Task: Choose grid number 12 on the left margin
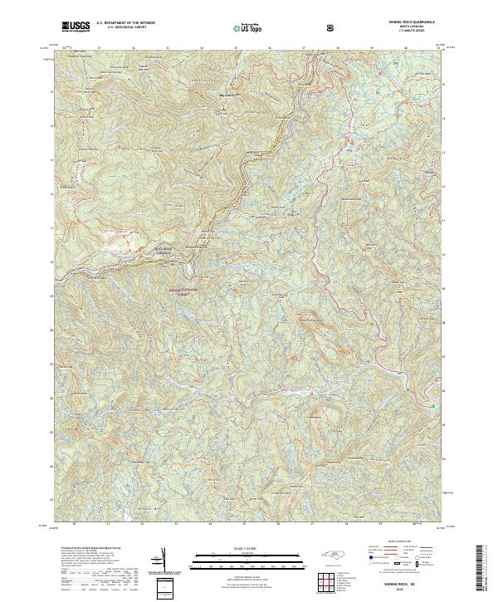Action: coord(51,260)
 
